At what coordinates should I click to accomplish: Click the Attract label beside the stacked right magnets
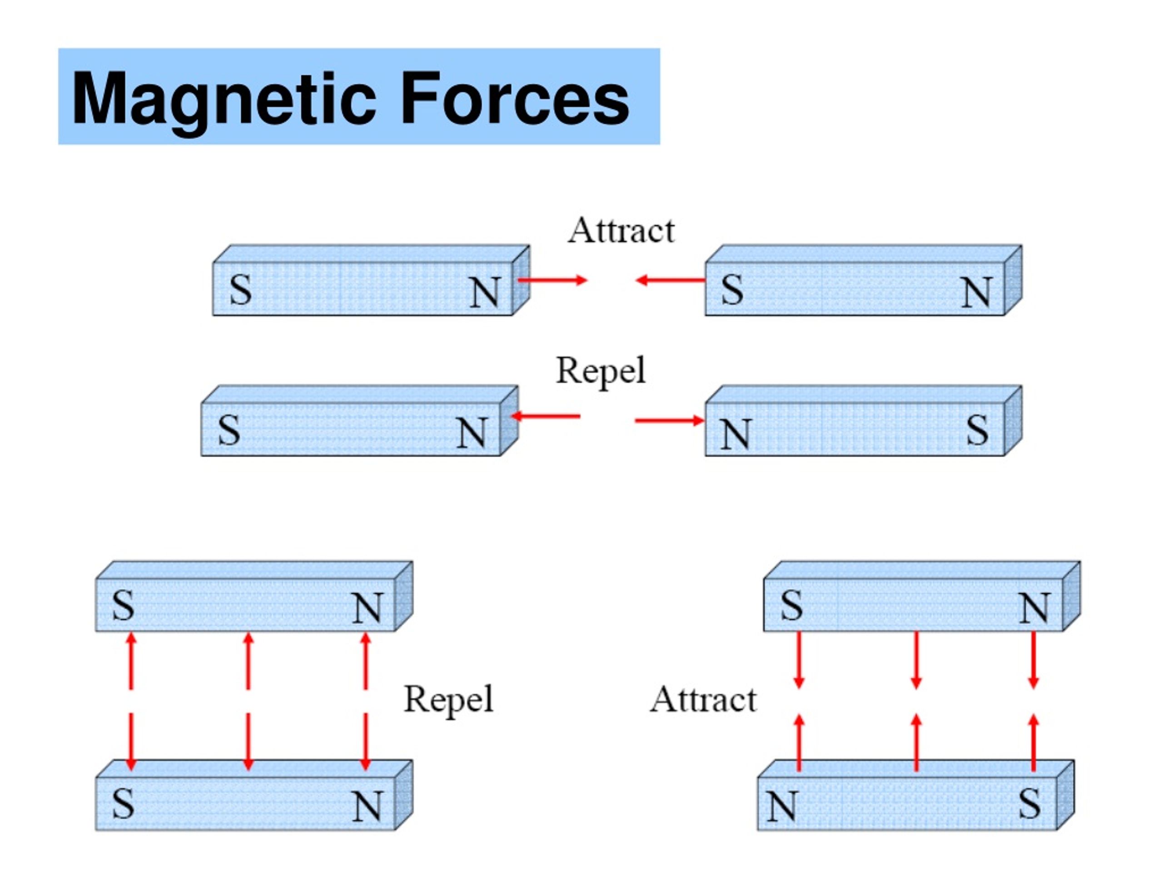click(x=703, y=700)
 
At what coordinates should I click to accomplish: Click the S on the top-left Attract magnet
click(x=241, y=290)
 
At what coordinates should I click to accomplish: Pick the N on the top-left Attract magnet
click(x=485, y=292)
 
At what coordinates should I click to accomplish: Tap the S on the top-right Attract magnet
click(x=732, y=290)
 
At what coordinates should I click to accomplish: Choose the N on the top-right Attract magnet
click(x=976, y=292)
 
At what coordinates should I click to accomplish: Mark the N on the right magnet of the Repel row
click(x=735, y=435)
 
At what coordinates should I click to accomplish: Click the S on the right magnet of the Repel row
click(x=977, y=430)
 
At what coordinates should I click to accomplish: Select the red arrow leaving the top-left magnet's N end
click(x=552, y=280)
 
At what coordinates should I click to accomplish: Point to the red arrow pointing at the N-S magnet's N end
click(x=669, y=421)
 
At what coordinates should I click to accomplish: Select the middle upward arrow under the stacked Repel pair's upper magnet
click(x=249, y=661)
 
